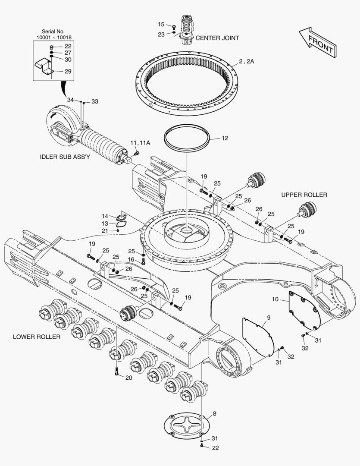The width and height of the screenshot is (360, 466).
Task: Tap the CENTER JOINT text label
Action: (x=217, y=38)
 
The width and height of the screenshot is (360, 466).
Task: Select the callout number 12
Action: (x=225, y=139)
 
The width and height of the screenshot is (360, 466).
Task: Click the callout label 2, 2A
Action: (x=247, y=61)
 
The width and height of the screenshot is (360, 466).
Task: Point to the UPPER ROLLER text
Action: (x=304, y=195)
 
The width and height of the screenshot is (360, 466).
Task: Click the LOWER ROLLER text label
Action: (x=36, y=337)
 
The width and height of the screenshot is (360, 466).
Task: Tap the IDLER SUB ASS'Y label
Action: (x=65, y=157)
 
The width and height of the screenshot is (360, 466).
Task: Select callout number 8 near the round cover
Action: (x=214, y=414)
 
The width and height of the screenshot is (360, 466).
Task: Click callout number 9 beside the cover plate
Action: (x=268, y=318)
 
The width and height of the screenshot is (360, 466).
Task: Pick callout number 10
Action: (x=275, y=299)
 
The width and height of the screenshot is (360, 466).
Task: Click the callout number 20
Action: (x=128, y=378)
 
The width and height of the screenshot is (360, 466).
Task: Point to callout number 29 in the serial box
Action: (x=68, y=72)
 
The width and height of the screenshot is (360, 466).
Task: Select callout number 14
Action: (x=105, y=216)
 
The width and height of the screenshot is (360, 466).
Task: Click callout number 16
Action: (x=131, y=259)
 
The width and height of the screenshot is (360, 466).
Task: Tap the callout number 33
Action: (x=95, y=101)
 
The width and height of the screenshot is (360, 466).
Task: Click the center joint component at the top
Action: (x=187, y=29)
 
